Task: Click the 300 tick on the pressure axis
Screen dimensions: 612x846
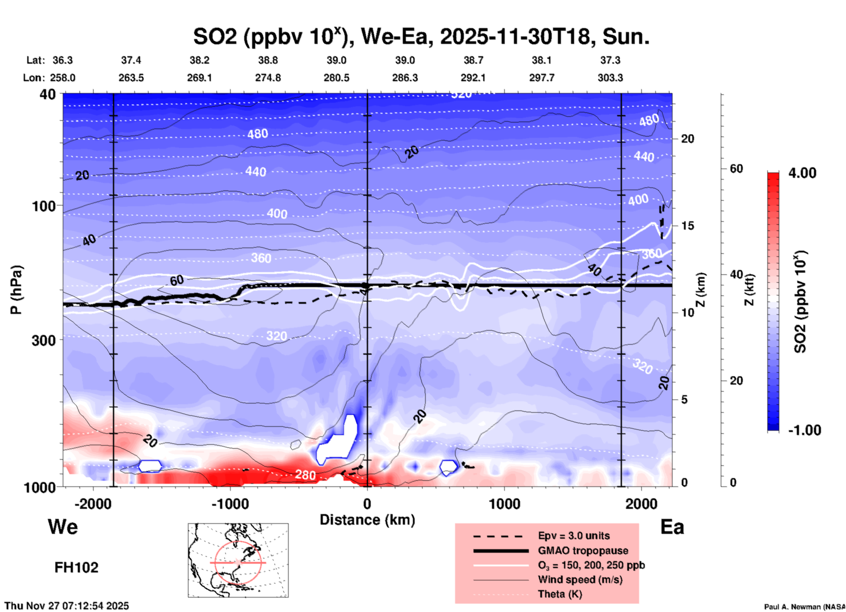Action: (44, 340)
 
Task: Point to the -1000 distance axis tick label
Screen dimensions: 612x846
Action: (230, 504)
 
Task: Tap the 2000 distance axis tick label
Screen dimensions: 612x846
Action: (641, 504)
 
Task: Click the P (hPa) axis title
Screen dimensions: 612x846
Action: (16, 290)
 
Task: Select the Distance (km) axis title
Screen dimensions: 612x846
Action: (367, 520)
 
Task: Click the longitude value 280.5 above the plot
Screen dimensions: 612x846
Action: (336, 78)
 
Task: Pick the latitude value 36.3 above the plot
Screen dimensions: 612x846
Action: (63, 60)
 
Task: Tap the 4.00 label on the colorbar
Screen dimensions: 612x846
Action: (802, 173)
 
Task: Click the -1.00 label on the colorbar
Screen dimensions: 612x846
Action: (804, 430)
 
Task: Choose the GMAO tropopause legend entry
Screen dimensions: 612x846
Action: (583, 551)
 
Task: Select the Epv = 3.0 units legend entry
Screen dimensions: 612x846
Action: (574, 536)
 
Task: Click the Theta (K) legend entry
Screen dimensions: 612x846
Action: (560, 594)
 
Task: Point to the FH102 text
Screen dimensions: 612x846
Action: (76, 568)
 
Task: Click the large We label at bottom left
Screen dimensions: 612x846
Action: (63, 527)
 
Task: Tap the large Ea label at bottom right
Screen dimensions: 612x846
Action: (672, 527)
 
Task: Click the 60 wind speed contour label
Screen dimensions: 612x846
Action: (177, 280)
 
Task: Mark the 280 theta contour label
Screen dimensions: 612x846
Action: (305, 475)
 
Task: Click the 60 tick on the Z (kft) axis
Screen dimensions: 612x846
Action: (736, 169)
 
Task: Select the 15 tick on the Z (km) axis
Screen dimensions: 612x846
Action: (688, 226)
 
